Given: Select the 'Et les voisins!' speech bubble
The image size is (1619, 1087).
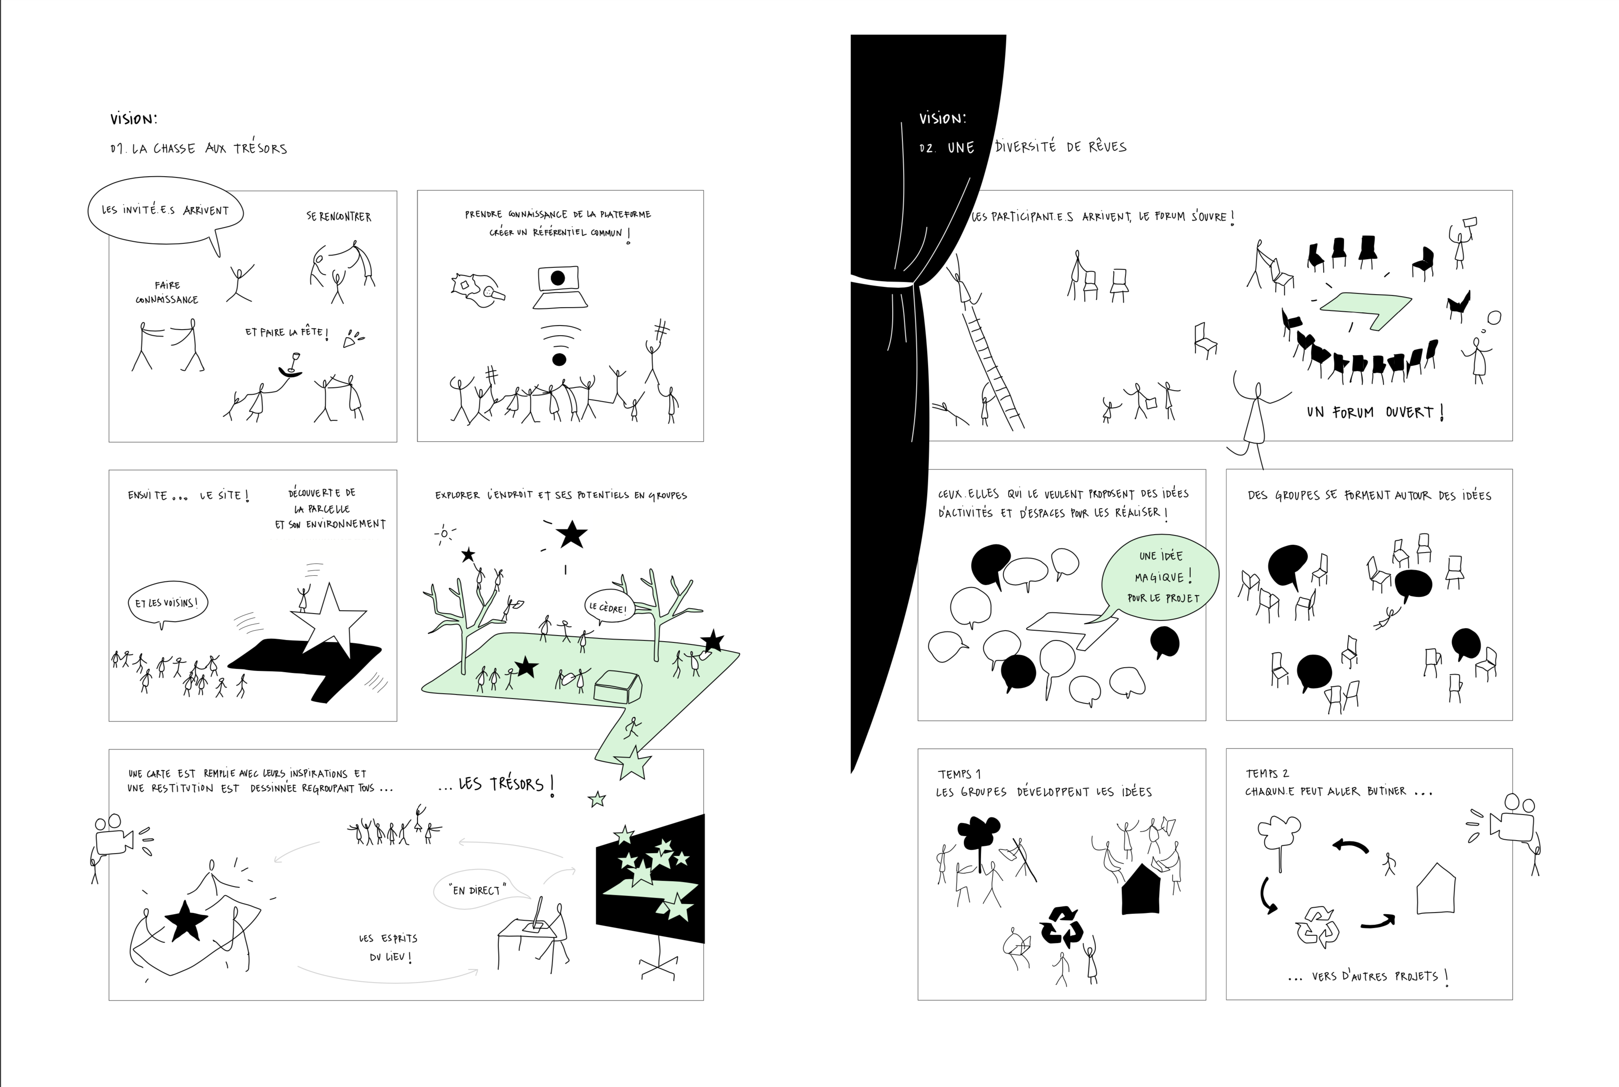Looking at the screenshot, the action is tap(167, 604).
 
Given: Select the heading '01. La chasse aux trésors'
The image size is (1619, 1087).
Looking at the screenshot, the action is tap(198, 148).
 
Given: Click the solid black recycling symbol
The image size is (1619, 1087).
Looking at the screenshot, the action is tap(1061, 926).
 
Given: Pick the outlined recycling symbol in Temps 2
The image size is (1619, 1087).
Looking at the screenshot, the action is tap(1317, 927).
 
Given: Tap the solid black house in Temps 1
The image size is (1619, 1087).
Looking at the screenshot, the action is tap(1140, 889).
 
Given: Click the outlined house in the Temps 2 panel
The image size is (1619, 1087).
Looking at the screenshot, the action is tap(1435, 889).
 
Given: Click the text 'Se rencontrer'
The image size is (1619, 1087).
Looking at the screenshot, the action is tap(339, 216).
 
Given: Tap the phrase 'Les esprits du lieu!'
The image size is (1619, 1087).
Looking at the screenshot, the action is tap(389, 947).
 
